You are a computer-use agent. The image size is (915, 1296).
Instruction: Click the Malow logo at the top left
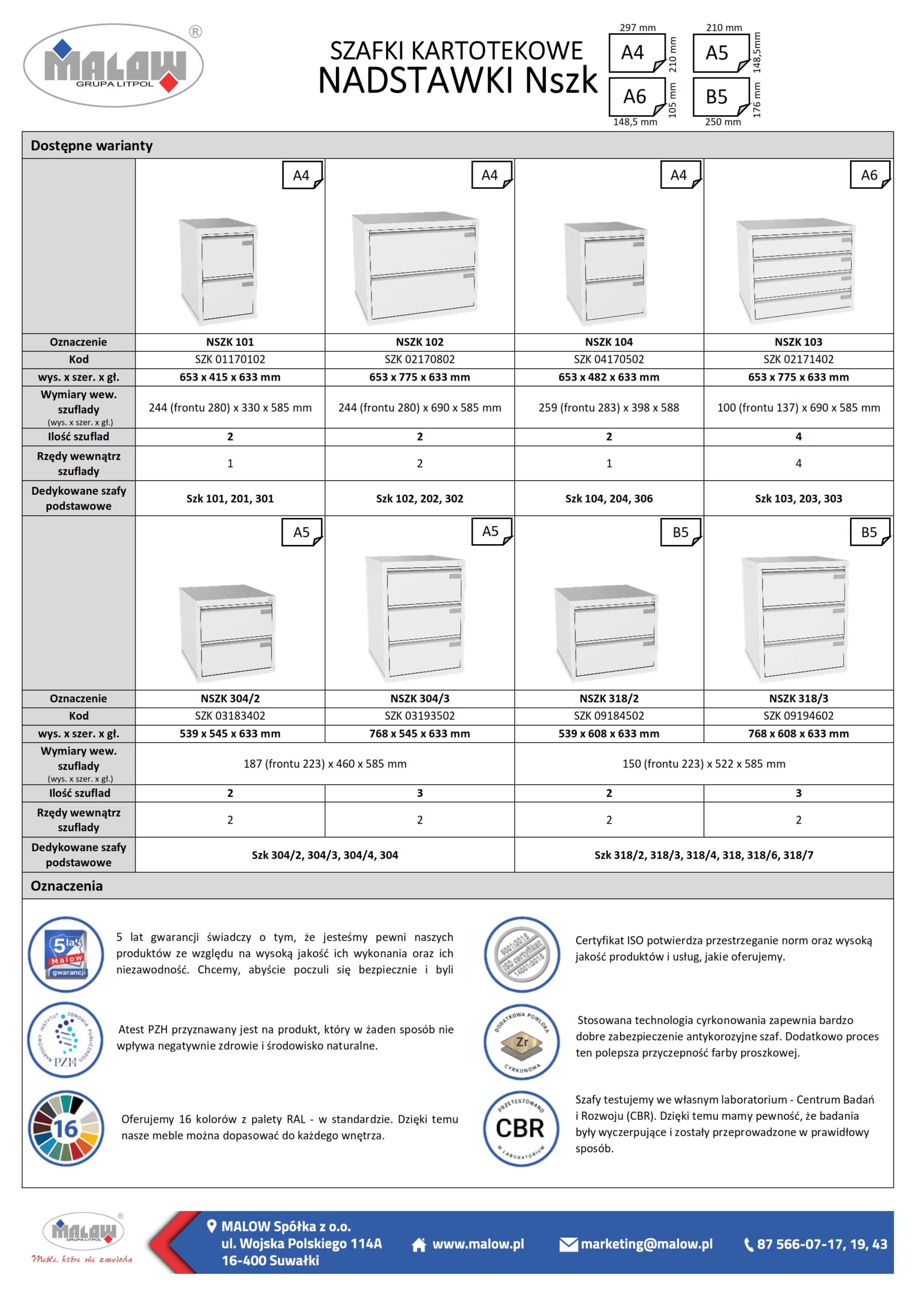[113, 65]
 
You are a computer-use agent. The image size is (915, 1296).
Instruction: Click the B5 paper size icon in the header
[719, 97]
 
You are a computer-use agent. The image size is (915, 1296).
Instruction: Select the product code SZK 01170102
[230, 359]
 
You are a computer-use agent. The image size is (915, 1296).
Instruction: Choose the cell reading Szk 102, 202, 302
[419, 499]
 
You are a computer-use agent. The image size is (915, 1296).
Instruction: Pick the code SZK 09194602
[798, 716]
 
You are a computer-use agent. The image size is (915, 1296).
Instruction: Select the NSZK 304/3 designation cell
[419, 698]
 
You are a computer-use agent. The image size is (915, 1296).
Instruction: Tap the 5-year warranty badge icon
[66, 954]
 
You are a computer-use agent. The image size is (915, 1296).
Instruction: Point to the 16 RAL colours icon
[66, 1128]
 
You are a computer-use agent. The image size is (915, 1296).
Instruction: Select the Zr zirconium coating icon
[522, 1042]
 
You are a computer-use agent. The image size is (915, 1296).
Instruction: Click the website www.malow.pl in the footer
[477, 1244]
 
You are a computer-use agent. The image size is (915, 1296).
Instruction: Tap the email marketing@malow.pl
[646, 1244]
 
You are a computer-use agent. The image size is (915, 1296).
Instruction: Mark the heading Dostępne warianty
[92, 146]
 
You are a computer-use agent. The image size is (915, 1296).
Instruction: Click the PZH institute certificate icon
[65, 1040]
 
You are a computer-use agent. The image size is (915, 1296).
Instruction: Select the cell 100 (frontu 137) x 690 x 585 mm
[798, 408]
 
